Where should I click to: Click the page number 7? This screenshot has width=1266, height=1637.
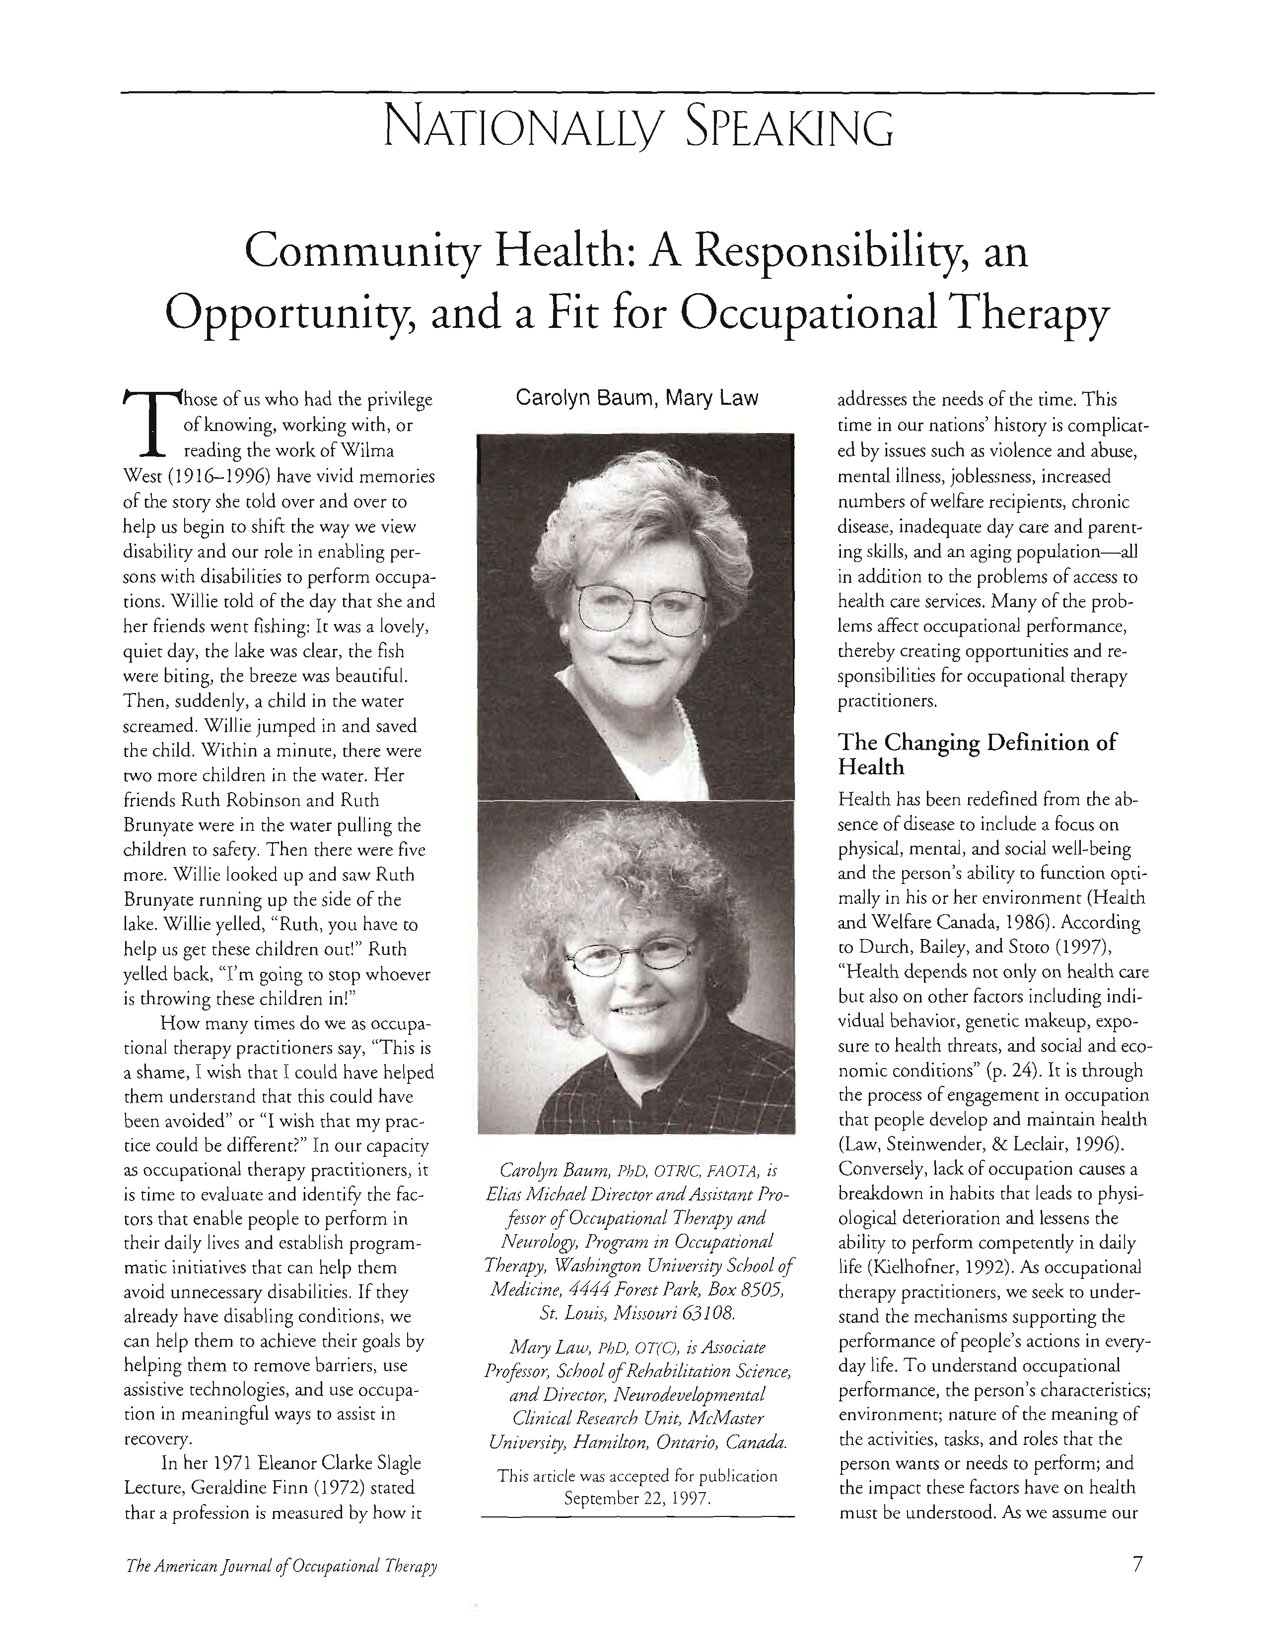[1137, 1565]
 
